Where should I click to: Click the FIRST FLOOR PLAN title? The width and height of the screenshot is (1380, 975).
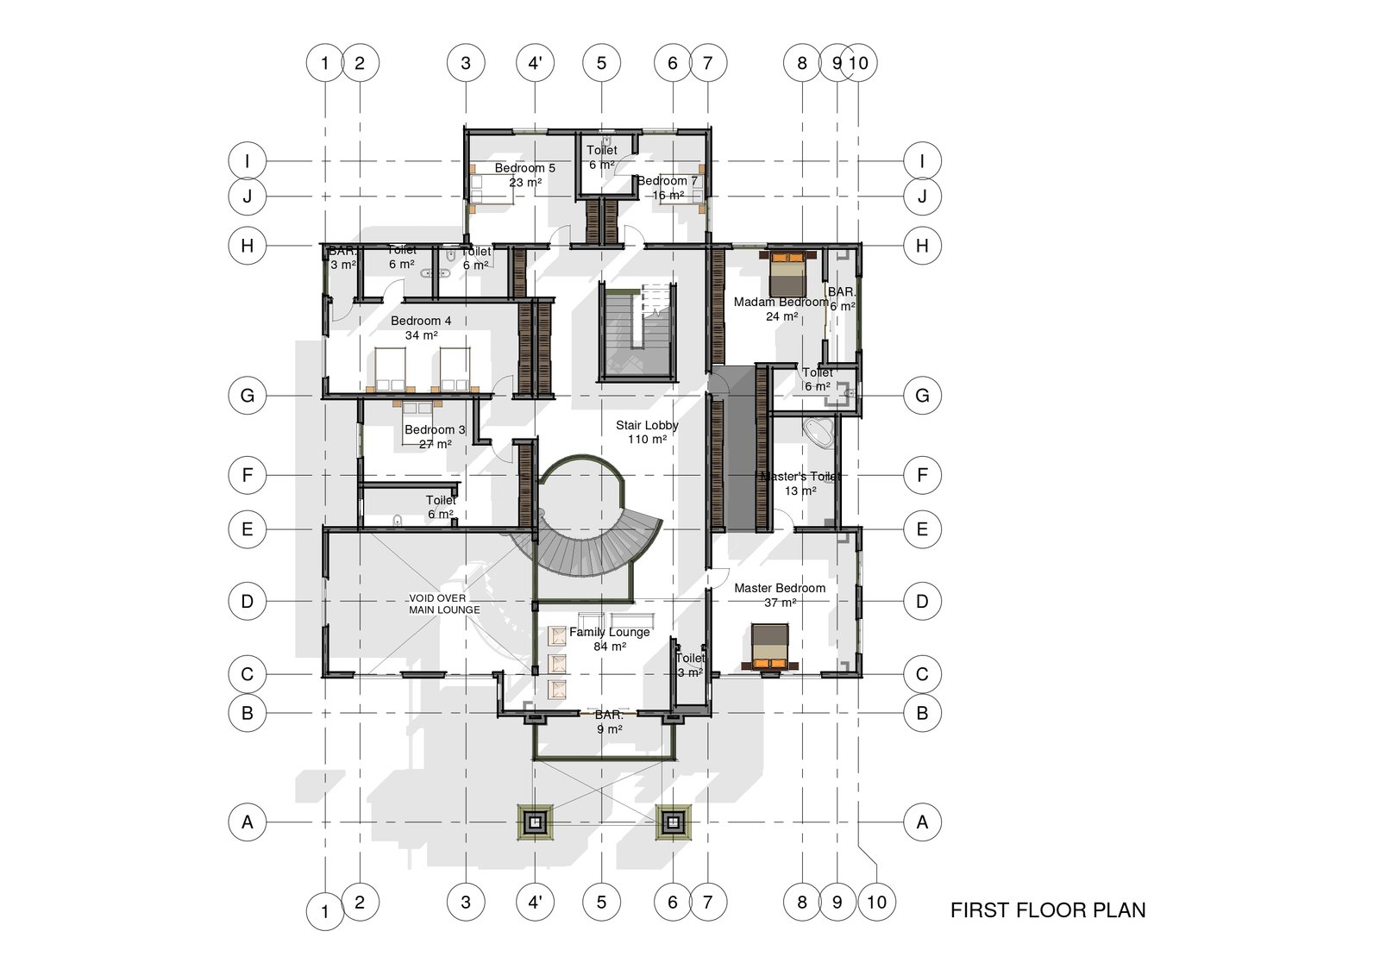click(1047, 910)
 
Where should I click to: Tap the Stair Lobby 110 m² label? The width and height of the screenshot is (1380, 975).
click(647, 432)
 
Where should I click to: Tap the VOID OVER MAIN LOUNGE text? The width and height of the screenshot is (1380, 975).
click(443, 603)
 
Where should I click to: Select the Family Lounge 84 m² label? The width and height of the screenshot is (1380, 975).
click(609, 639)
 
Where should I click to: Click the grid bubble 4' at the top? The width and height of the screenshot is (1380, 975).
click(535, 63)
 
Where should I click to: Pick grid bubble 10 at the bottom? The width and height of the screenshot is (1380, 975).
click(876, 903)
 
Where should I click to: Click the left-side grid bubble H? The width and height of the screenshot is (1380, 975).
click(248, 246)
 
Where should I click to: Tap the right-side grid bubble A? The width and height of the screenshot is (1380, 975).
click(922, 822)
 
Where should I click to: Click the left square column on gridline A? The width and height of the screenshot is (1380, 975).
click(535, 822)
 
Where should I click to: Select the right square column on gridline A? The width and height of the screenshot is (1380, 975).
click(673, 822)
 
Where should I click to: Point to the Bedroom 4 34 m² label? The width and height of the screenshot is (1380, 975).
click(421, 328)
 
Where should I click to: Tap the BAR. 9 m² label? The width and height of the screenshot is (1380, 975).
click(609, 722)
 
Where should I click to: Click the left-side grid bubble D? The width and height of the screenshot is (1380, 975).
click(248, 601)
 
